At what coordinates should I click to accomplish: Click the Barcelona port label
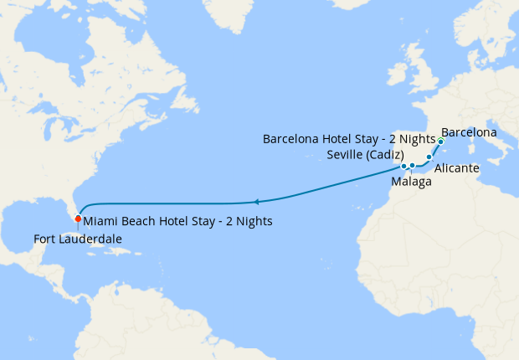pos(469,132)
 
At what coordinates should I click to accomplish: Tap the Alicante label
pos(456,168)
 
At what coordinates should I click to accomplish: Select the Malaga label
pos(411,182)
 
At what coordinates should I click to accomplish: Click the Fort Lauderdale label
pos(78,239)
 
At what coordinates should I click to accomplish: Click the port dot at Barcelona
pos(440,141)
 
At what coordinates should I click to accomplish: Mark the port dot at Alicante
pos(429,157)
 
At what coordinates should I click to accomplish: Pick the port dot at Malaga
pos(413,166)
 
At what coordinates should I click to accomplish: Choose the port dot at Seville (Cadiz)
pos(403,166)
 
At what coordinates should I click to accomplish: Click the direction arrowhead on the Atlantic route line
pos(256,202)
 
